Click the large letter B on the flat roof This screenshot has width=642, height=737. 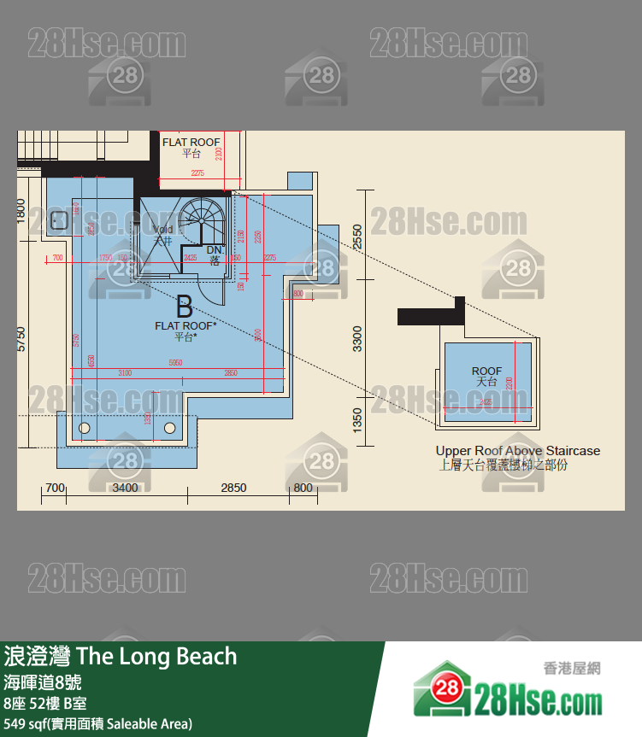(x=184, y=307)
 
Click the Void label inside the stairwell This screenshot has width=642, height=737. (x=162, y=230)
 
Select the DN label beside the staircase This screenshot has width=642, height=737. (x=214, y=250)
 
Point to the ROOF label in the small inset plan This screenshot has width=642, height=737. (x=486, y=371)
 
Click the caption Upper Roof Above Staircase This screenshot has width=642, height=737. (x=517, y=451)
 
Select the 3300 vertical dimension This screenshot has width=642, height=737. (x=357, y=338)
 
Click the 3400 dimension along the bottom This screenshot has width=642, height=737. (x=125, y=488)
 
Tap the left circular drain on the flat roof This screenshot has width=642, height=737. (x=84, y=427)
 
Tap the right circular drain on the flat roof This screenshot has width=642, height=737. (x=169, y=427)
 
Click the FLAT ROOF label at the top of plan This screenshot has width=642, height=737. (x=191, y=143)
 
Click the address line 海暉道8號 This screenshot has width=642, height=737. (x=42, y=683)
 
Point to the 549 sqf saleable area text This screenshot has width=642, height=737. (x=98, y=724)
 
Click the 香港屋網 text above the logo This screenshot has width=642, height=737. (x=571, y=668)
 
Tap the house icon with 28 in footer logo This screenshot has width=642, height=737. (x=445, y=691)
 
